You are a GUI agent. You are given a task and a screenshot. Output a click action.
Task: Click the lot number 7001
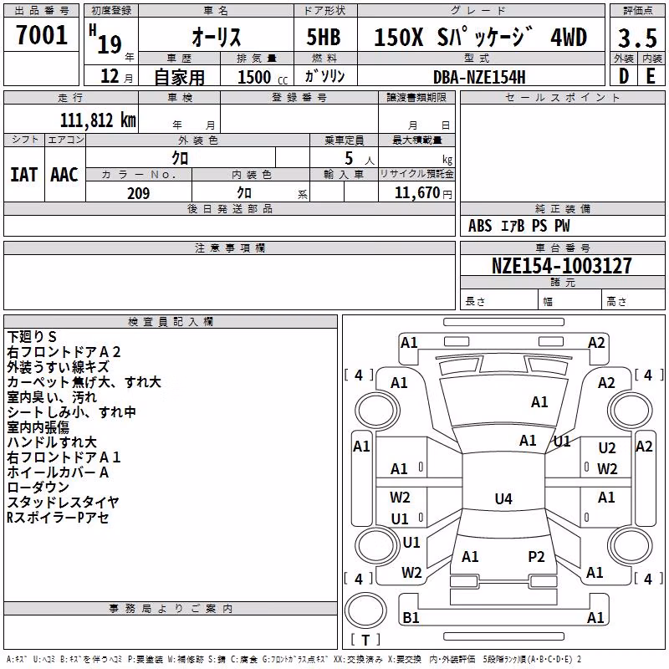pos(42,34)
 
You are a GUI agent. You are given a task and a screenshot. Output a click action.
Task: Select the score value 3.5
pos(637,38)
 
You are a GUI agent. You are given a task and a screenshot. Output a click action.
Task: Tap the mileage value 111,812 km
pos(98,120)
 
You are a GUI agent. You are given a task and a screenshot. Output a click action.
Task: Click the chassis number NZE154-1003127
pos(561,265)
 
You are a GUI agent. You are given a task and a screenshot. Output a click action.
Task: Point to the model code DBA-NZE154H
pos(479,77)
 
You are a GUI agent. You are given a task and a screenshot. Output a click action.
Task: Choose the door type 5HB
pos(324,37)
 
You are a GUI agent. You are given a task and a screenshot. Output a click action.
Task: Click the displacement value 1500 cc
pos(263,77)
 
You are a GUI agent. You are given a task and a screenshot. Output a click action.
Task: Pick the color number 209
pos(138,193)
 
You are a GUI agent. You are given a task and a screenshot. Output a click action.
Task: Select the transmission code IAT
pos(24,175)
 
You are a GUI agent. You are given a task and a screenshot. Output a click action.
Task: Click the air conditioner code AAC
pos(64,175)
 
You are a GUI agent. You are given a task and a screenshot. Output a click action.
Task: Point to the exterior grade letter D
pos(624,76)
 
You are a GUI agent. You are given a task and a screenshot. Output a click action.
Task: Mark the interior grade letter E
pos(651,76)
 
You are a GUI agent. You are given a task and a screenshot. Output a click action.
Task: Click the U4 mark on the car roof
pos(503,498)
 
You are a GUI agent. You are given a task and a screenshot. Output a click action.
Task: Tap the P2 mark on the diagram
pos(536,557)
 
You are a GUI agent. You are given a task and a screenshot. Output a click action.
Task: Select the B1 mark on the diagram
pos(411,617)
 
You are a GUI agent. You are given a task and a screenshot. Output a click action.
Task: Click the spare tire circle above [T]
pos(365,610)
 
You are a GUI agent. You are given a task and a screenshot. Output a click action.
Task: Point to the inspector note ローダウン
pos(38,488)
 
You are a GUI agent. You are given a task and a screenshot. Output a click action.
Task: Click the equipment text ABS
pos(480,226)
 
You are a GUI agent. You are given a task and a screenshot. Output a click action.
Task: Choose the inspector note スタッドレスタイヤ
pos(63,503)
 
